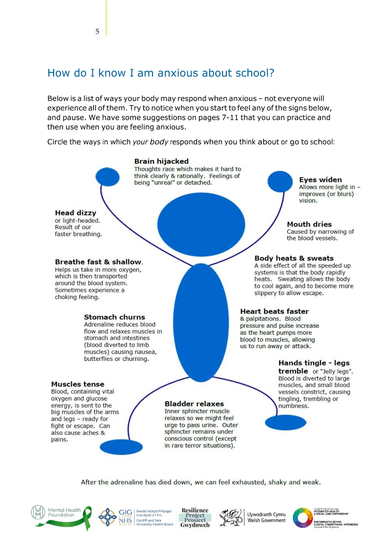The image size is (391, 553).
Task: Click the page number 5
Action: point(97,31)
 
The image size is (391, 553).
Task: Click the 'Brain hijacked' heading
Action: point(162,161)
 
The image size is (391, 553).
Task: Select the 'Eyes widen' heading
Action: point(320,180)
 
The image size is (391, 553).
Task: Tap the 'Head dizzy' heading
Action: point(76,213)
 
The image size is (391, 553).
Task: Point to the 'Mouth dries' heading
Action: point(309,224)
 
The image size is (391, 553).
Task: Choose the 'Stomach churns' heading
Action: point(115,317)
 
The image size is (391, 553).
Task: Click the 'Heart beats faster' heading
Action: point(274,311)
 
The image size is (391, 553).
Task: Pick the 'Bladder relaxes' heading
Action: point(194,404)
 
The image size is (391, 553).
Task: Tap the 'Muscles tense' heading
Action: point(78,384)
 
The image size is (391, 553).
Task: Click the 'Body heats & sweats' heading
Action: point(294,258)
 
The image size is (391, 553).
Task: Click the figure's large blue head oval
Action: point(201,224)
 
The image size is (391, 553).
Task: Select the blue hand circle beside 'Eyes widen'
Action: point(280,182)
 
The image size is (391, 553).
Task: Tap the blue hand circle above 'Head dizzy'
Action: point(108,177)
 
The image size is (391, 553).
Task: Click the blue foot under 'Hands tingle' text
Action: point(286,422)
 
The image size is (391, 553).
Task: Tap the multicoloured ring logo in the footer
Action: point(303,518)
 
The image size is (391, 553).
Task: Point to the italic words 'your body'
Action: point(150,142)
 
